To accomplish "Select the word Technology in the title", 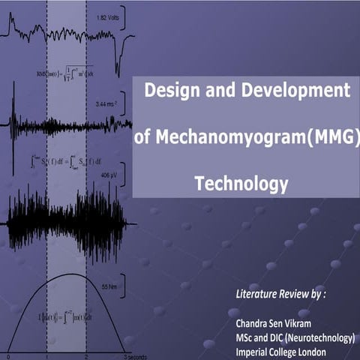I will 241,182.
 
